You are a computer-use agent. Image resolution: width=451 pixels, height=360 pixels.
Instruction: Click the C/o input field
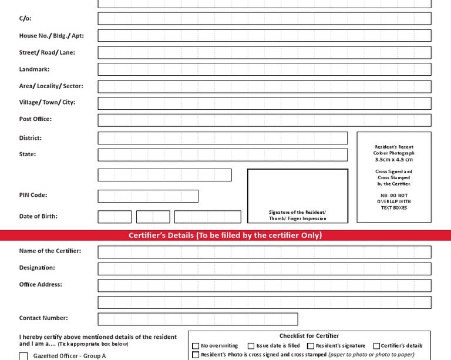[x=264, y=19]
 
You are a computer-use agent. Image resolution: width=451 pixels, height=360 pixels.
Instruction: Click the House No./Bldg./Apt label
[x=51, y=36]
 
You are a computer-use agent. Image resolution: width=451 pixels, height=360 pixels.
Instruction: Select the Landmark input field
[x=264, y=69]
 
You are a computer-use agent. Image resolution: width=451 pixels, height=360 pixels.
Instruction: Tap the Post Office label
[x=35, y=119]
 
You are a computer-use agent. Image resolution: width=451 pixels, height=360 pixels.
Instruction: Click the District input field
[x=223, y=138]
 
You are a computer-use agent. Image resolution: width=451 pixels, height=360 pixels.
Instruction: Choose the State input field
[x=223, y=155]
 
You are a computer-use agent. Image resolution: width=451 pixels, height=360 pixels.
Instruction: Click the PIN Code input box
[x=148, y=196]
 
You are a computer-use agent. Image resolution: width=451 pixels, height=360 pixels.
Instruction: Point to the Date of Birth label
[x=38, y=216]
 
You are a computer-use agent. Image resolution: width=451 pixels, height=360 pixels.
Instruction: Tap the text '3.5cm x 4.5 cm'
[x=393, y=159]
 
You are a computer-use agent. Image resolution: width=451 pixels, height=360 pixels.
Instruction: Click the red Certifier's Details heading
[x=225, y=235]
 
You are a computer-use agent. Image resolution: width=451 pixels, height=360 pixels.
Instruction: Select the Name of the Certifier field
[x=264, y=252]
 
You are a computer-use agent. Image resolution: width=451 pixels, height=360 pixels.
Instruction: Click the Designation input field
[x=264, y=269]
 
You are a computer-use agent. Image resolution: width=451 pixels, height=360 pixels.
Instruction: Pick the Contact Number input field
[x=198, y=319]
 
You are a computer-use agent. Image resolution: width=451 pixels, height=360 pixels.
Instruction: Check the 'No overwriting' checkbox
[x=196, y=346]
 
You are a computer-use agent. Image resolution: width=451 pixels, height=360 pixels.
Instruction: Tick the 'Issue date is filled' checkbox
[x=251, y=346]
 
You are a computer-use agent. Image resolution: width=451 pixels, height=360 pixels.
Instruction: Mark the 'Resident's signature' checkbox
[x=311, y=346]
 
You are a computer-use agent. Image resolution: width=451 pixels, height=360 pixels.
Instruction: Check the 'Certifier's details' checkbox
[x=376, y=346]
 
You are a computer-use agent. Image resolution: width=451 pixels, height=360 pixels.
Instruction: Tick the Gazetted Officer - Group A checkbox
[x=23, y=356]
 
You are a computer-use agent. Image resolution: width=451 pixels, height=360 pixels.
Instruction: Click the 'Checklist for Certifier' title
[x=309, y=336]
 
